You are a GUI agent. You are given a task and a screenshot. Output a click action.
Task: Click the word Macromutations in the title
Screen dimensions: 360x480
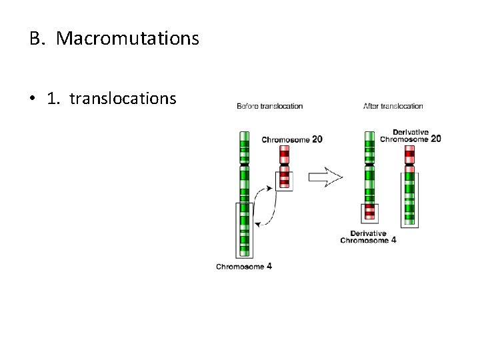(x=127, y=39)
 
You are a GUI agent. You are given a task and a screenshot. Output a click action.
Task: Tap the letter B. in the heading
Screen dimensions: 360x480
(x=37, y=39)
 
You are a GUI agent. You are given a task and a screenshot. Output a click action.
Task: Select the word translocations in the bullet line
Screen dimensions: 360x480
(x=123, y=99)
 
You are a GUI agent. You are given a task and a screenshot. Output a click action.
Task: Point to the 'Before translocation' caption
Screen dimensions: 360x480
(x=269, y=106)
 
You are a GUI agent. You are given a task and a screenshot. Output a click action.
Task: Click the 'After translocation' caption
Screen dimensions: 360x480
(x=393, y=106)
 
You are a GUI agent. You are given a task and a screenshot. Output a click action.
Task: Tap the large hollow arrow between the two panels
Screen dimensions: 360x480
(x=325, y=177)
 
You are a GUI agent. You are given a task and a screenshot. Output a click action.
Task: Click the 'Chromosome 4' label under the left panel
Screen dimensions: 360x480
(x=243, y=267)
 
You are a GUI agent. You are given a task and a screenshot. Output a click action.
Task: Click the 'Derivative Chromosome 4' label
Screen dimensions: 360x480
(x=368, y=237)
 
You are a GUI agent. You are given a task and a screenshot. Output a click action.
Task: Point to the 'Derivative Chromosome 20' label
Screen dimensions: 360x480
(x=410, y=135)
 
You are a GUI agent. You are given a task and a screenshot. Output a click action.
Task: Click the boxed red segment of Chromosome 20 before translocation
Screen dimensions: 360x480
(x=285, y=180)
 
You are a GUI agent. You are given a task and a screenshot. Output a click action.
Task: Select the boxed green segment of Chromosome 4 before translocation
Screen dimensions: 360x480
(x=244, y=229)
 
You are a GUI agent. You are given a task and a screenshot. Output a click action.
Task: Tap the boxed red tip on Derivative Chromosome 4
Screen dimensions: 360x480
(x=370, y=213)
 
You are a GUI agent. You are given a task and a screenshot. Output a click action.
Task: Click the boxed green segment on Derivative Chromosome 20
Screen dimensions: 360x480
(x=409, y=199)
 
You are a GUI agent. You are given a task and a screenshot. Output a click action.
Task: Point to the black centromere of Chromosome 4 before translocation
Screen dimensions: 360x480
(x=244, y=164)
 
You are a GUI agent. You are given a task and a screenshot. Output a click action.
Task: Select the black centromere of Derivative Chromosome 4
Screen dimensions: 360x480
(x=370, y=164)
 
